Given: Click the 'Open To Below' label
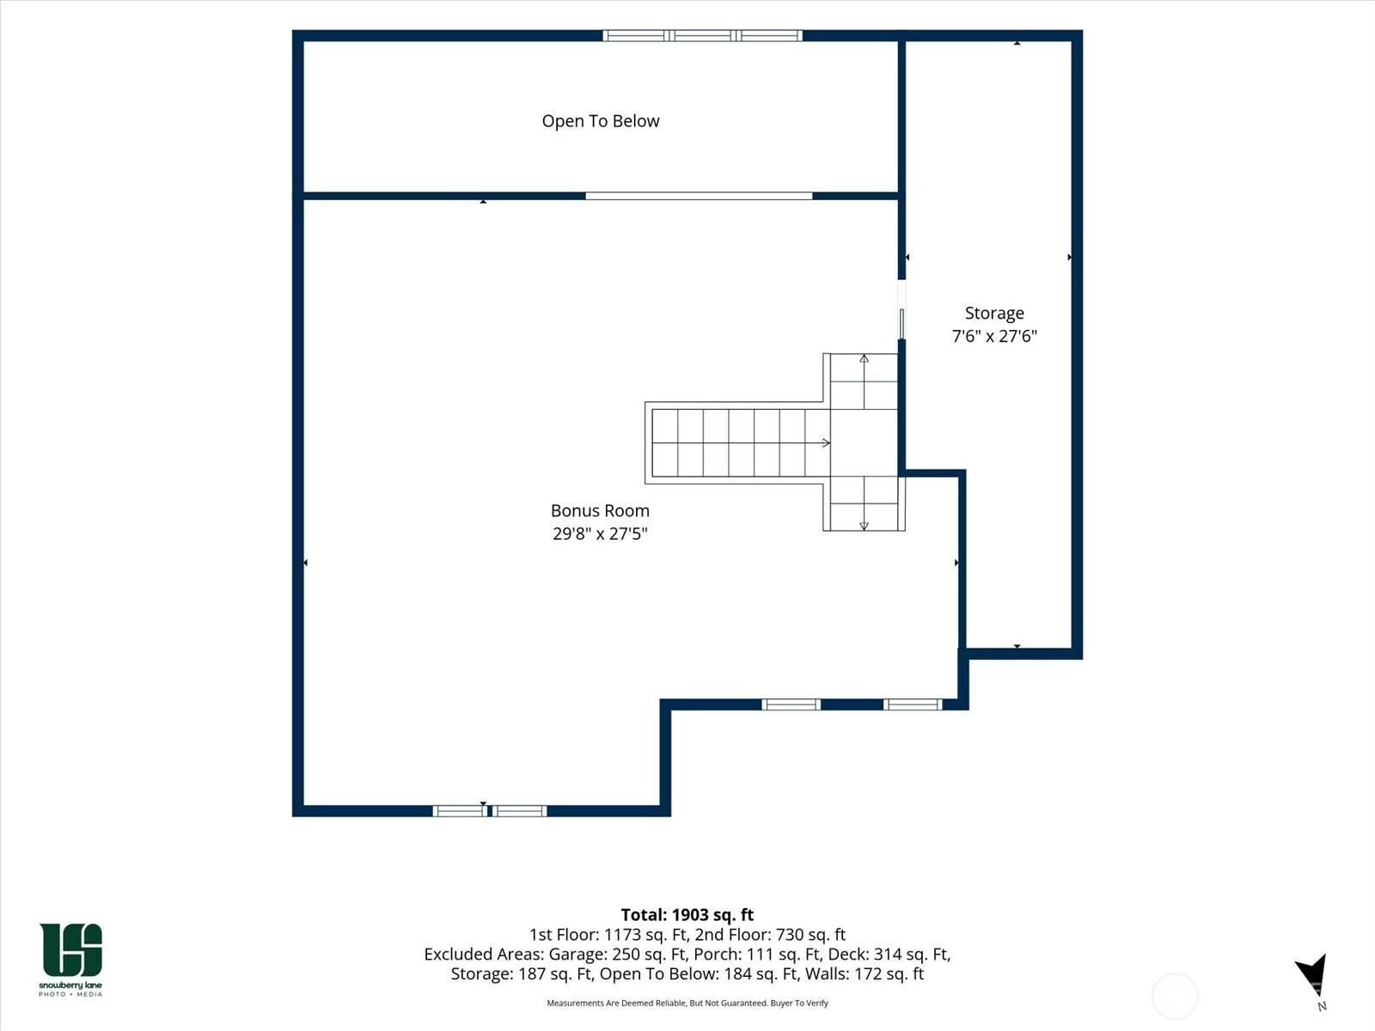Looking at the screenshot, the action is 600,121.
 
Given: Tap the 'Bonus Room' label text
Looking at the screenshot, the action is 600,510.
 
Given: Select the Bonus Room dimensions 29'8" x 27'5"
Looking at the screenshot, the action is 600,534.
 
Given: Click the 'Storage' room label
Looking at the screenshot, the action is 994,313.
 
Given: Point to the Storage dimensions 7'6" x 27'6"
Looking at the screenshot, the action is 994,336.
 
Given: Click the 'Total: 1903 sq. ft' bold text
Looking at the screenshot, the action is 687,914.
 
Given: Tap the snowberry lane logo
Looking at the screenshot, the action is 70,959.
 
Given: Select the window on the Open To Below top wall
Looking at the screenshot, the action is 702,36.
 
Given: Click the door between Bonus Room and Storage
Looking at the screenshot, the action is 901,310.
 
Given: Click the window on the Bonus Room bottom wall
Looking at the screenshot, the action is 489,811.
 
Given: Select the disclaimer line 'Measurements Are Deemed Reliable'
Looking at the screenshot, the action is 687,1003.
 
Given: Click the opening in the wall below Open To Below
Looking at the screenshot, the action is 699,196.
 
